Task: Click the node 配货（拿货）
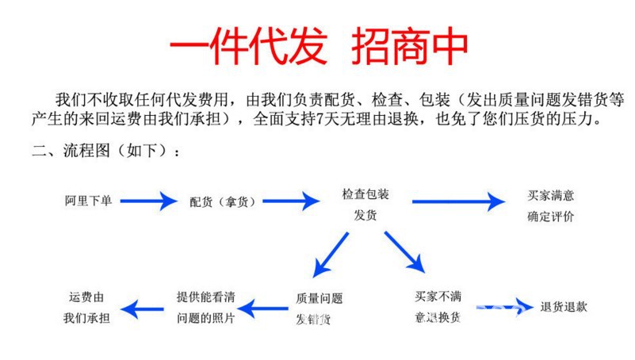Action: point(223,201)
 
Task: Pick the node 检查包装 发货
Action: point(365,204)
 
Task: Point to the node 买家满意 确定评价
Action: point(550,205)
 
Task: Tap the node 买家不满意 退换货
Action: point(437,307)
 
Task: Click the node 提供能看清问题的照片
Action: point(205,308)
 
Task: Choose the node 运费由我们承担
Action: point(88,308)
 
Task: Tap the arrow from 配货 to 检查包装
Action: point(290,201)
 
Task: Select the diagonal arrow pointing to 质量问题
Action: point(331,255)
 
